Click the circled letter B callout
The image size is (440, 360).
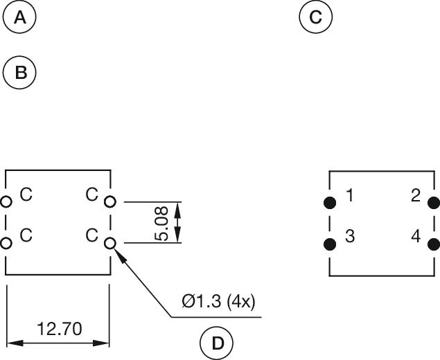[x=20, y=72]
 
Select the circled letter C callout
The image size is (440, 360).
[x=316, y=17]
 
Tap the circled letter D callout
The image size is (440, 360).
[x=217, y=343]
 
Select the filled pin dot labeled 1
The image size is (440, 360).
[x=330, y=202]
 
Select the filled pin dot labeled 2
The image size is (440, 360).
[x=434, y=202]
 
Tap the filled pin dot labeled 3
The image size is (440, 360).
[x=330, y=244]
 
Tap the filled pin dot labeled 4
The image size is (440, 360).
[x=434, y=244]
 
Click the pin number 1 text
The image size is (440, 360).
[x=349, y=196]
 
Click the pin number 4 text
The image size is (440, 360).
[x=416, y=236]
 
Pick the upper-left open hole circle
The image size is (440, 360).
[x=6, y=201]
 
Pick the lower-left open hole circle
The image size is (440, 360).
[x=6, y=243]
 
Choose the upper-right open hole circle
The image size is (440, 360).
[x=109, y=201]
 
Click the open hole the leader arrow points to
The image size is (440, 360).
[x=109, y=243]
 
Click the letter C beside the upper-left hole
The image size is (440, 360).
[x=26, y=195]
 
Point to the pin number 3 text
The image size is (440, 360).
[x=349, y=236]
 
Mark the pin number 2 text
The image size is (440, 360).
[x=416, y=196]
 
